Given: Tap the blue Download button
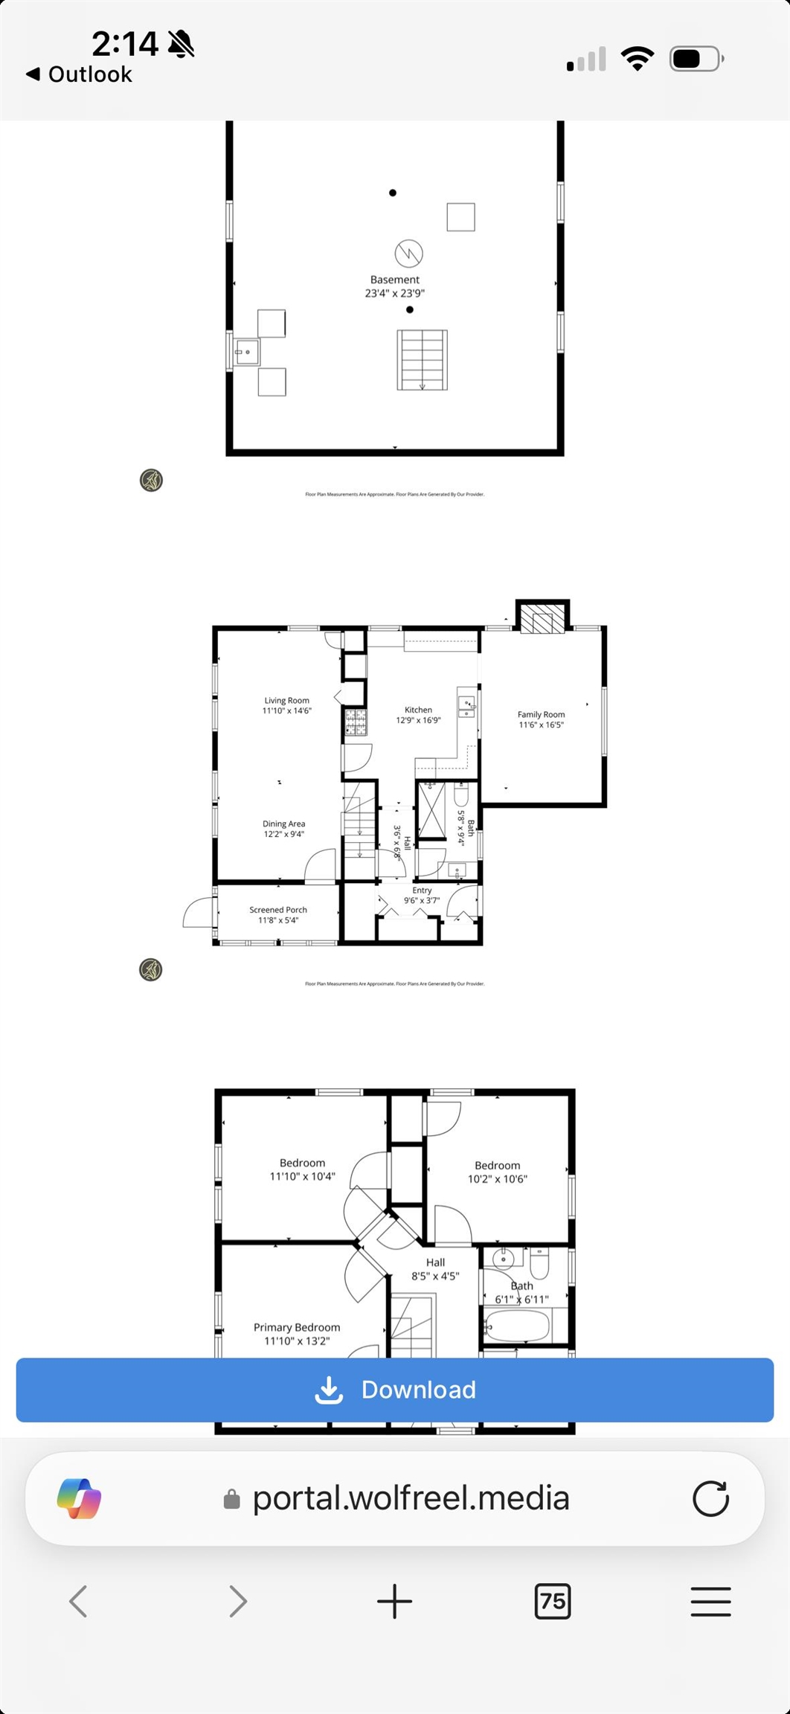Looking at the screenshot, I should click(395, 1390).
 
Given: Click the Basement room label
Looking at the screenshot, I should click(395, 280).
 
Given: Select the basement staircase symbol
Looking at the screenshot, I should click(422, 360).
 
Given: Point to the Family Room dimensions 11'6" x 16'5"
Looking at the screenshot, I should click(542, 725).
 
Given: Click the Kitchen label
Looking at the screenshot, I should click(418, 710).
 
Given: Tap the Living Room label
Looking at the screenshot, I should click(286, 700).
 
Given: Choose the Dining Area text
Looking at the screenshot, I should click(283, 824).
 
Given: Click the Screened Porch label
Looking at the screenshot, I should click(278, 910).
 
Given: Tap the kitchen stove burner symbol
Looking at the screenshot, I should click(356, 722).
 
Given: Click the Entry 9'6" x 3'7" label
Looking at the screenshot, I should click(422, 895).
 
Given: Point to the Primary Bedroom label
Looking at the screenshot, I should click(297, 1327).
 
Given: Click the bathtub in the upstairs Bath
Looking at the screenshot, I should click(518, 1326).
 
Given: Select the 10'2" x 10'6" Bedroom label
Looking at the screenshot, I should click(497, 1172).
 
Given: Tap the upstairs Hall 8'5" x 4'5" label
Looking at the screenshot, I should click(435, 1269).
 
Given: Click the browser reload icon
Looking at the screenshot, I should click(710, 1498).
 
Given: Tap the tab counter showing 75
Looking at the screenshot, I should click(552, 1600).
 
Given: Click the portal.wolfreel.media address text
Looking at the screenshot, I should click(411, 1498).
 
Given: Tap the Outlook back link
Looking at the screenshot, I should click(80, 74).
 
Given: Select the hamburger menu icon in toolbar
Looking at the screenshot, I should click(710, 1601).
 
